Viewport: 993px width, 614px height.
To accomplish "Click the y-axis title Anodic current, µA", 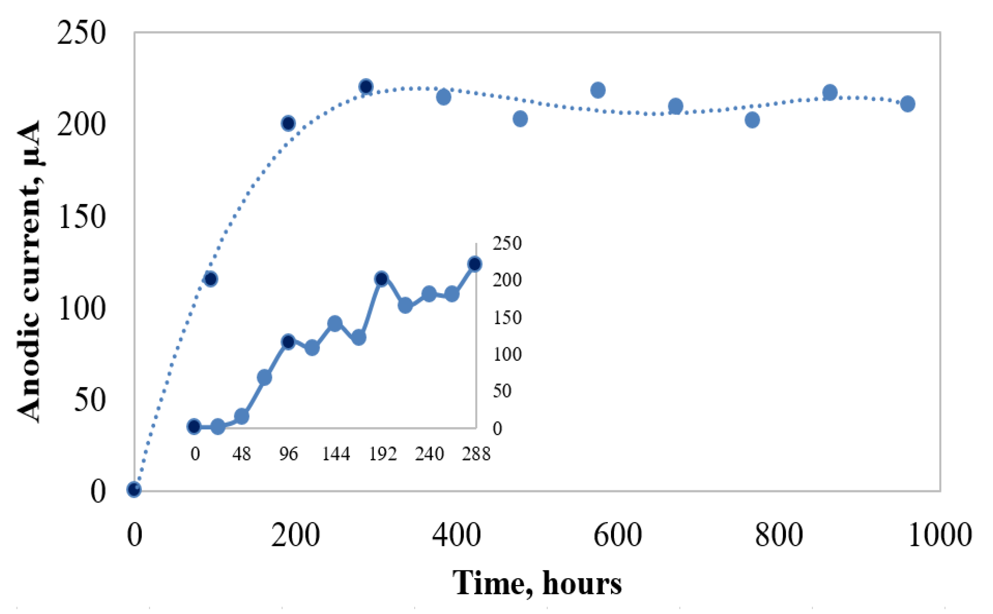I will [29, 271].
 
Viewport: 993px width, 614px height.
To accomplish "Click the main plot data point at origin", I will [134, 489].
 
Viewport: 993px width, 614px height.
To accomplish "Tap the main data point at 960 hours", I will [907, 104].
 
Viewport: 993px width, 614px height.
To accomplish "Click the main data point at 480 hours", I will [520, 119].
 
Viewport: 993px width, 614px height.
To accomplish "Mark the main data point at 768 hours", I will [752, 120].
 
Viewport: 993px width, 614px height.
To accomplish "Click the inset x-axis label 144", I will [336, 454].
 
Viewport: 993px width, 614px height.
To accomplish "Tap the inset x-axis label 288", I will [476, 454].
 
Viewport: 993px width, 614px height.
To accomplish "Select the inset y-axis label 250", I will [507, 244].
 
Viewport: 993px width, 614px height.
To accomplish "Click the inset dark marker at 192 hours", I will [381, 279].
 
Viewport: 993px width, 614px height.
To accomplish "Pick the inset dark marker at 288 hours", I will [475, 264].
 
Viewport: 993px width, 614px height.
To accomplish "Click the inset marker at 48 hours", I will [241, 416].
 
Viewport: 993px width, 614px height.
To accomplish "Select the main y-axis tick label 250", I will [81, 32].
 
